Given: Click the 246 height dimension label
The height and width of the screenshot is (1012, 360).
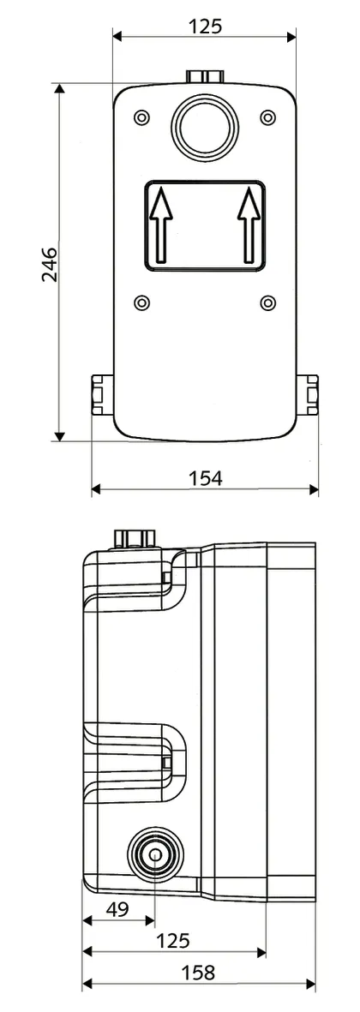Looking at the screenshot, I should coord(49,265).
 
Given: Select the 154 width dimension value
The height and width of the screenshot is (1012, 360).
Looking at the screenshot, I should coord(205,478).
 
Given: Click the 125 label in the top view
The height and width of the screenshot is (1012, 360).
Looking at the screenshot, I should coord(205,26).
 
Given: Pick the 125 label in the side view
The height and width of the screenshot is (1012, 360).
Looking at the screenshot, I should coord(173,941).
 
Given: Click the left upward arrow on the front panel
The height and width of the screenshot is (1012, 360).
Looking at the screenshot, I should coord(159,226).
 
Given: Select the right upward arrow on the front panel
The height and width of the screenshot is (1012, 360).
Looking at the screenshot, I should coord(249,226).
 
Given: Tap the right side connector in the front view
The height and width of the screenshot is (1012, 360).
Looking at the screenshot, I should coord(308,394).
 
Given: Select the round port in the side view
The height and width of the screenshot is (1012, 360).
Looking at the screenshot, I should coord(154,854).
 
